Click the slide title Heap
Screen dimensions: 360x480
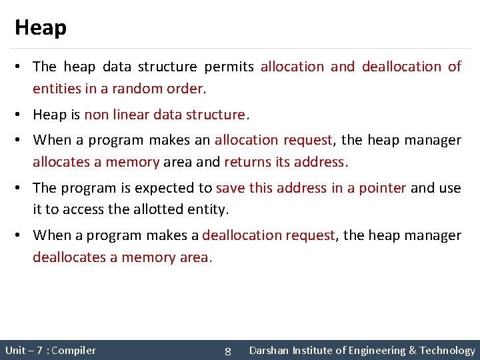click(x=41, y=27)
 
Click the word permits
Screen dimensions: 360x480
click(x=229, y=67)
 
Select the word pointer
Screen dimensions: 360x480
click(x=382, y=188)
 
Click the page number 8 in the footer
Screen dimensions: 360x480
click(x=227, y=351)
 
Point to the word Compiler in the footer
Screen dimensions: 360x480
click(x=73, y=351)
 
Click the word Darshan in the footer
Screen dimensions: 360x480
click(x=269, y=351)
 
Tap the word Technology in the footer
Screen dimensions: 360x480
click(x=447, y=351)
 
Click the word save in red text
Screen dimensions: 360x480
click(x=231, y=188)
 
